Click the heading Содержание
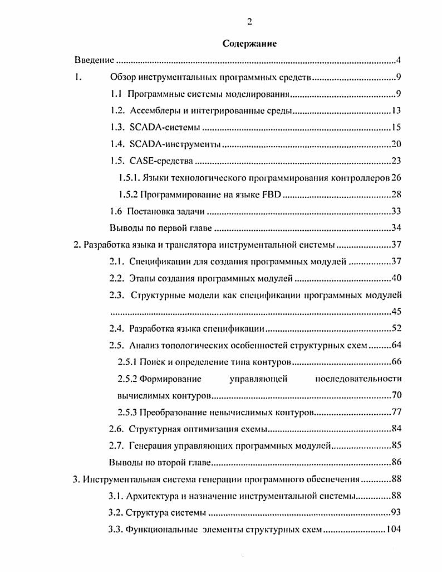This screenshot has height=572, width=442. coord(249,43)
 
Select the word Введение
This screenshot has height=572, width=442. coord(95,60)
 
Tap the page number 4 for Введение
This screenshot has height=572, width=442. coord(399,60)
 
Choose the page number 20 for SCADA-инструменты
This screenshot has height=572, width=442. coord(396,144)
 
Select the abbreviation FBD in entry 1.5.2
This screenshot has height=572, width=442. coord(273,195)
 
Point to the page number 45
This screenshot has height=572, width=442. coord(396,312)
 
